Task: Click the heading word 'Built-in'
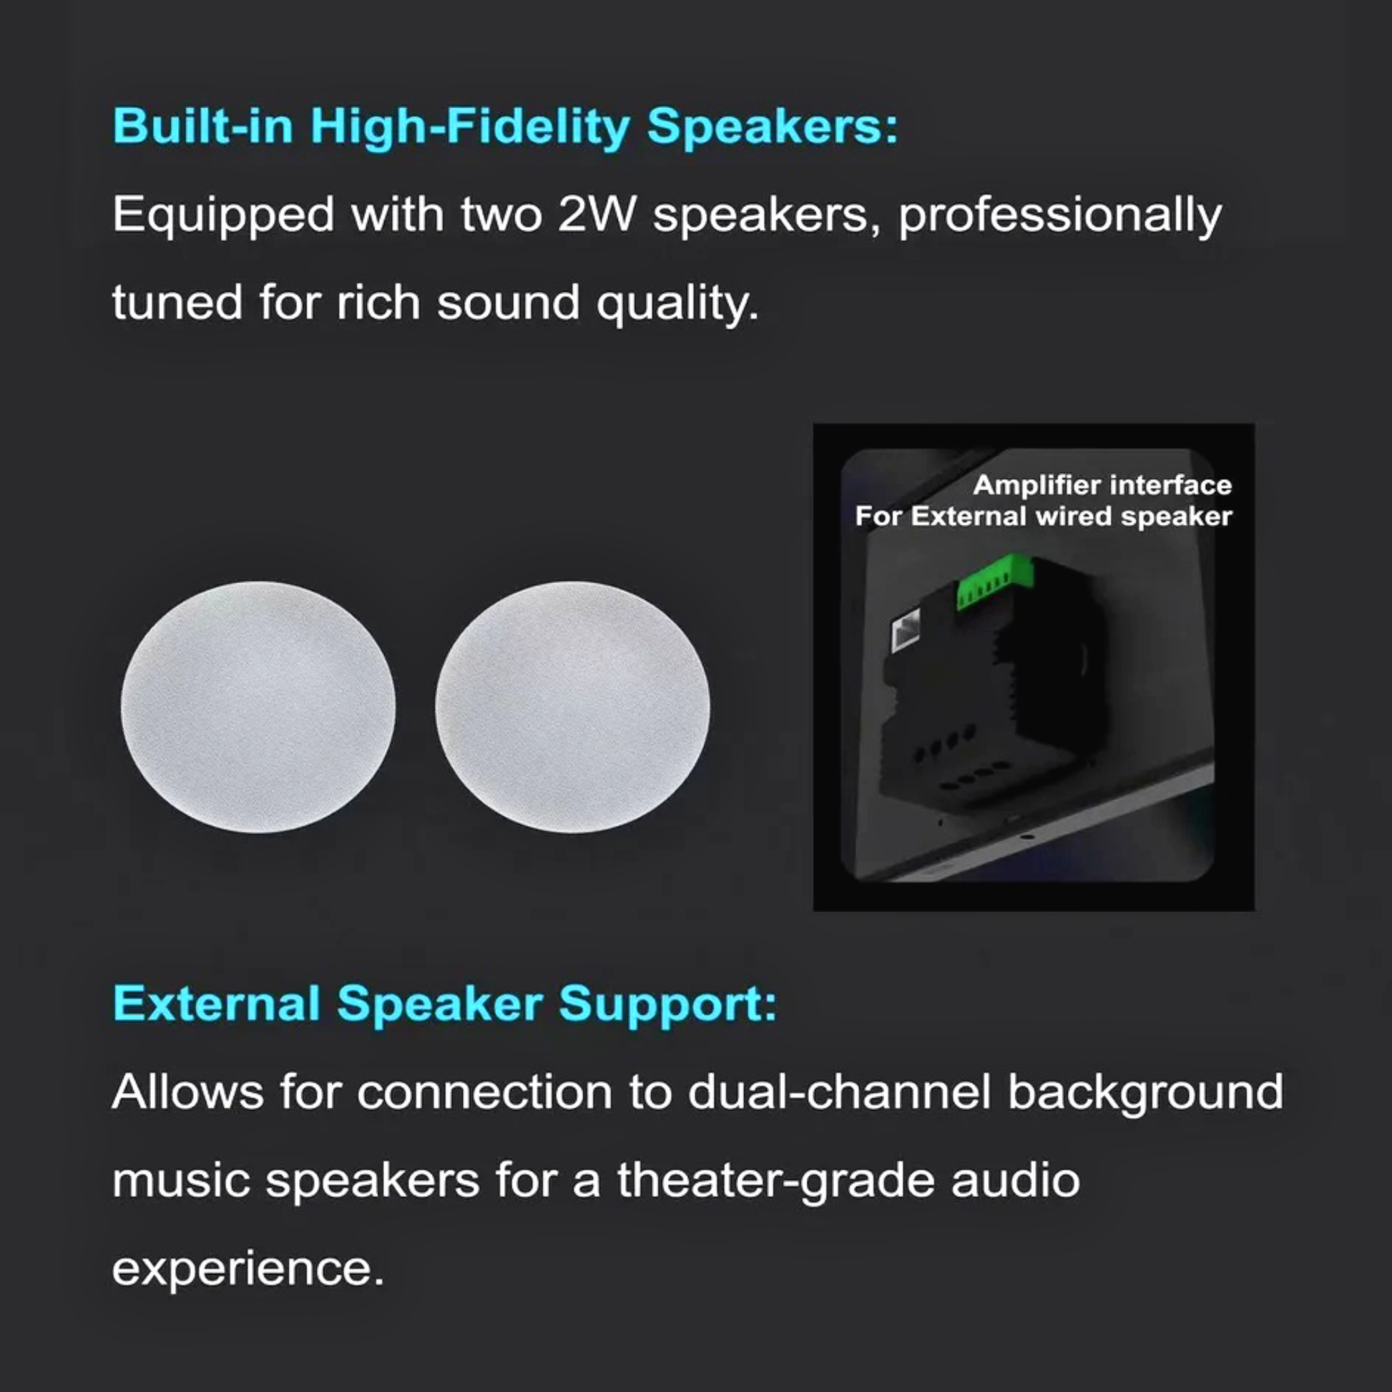tap(203, 126)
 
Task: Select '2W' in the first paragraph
tap(596, 215)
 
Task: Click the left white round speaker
tap(258, 707)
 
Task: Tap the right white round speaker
tap(572, 707)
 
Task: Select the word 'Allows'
tap(187, 1092)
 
